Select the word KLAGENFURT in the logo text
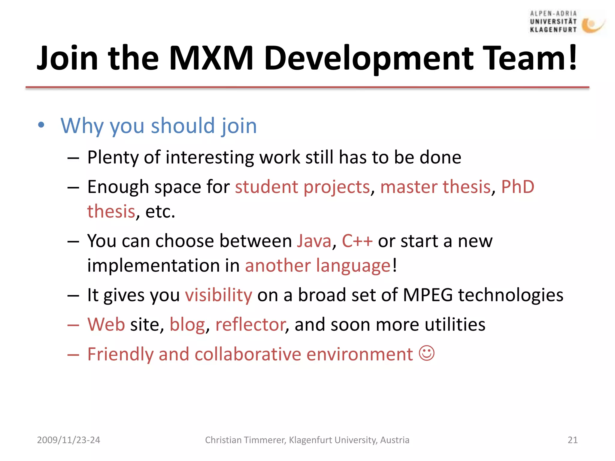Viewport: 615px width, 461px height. click(553, 30)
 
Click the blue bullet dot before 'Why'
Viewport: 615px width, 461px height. click(41, 125)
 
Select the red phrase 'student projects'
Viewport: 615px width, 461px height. click(302, 187)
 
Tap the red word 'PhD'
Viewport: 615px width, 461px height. click(518, 187)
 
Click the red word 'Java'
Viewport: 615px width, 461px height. click(314, 241)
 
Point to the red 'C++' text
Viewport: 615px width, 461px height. click(357, 241)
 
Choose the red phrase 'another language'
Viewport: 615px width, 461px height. click(318, 266)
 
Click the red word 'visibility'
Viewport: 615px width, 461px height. click(219, 295)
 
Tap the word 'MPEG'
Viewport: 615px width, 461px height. click(428, 295)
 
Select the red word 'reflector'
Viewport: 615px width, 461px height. click(250, 325)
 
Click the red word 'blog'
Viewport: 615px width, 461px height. click(187, 325)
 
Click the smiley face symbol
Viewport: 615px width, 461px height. click(427, 353)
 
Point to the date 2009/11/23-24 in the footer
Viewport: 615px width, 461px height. click(68, 440)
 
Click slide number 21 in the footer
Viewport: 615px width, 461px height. click(572, 440)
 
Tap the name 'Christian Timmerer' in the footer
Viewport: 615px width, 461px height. click(245, 440)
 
